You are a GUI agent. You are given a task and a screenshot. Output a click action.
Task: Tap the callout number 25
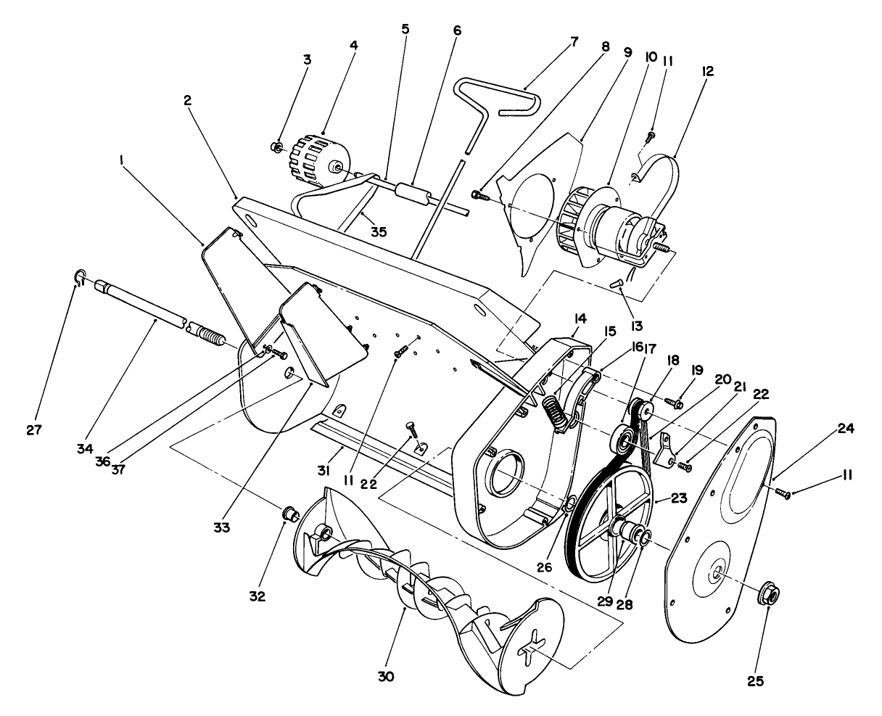click(755, 681)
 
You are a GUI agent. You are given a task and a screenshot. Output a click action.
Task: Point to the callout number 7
click(574, 41)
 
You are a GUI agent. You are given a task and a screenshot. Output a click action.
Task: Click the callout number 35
click(378, 232)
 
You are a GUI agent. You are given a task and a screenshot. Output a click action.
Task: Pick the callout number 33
click(222, 527)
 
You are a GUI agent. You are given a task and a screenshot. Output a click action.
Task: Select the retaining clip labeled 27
click(80, 276)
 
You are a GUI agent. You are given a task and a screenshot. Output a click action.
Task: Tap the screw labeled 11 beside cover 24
click(783, 493)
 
